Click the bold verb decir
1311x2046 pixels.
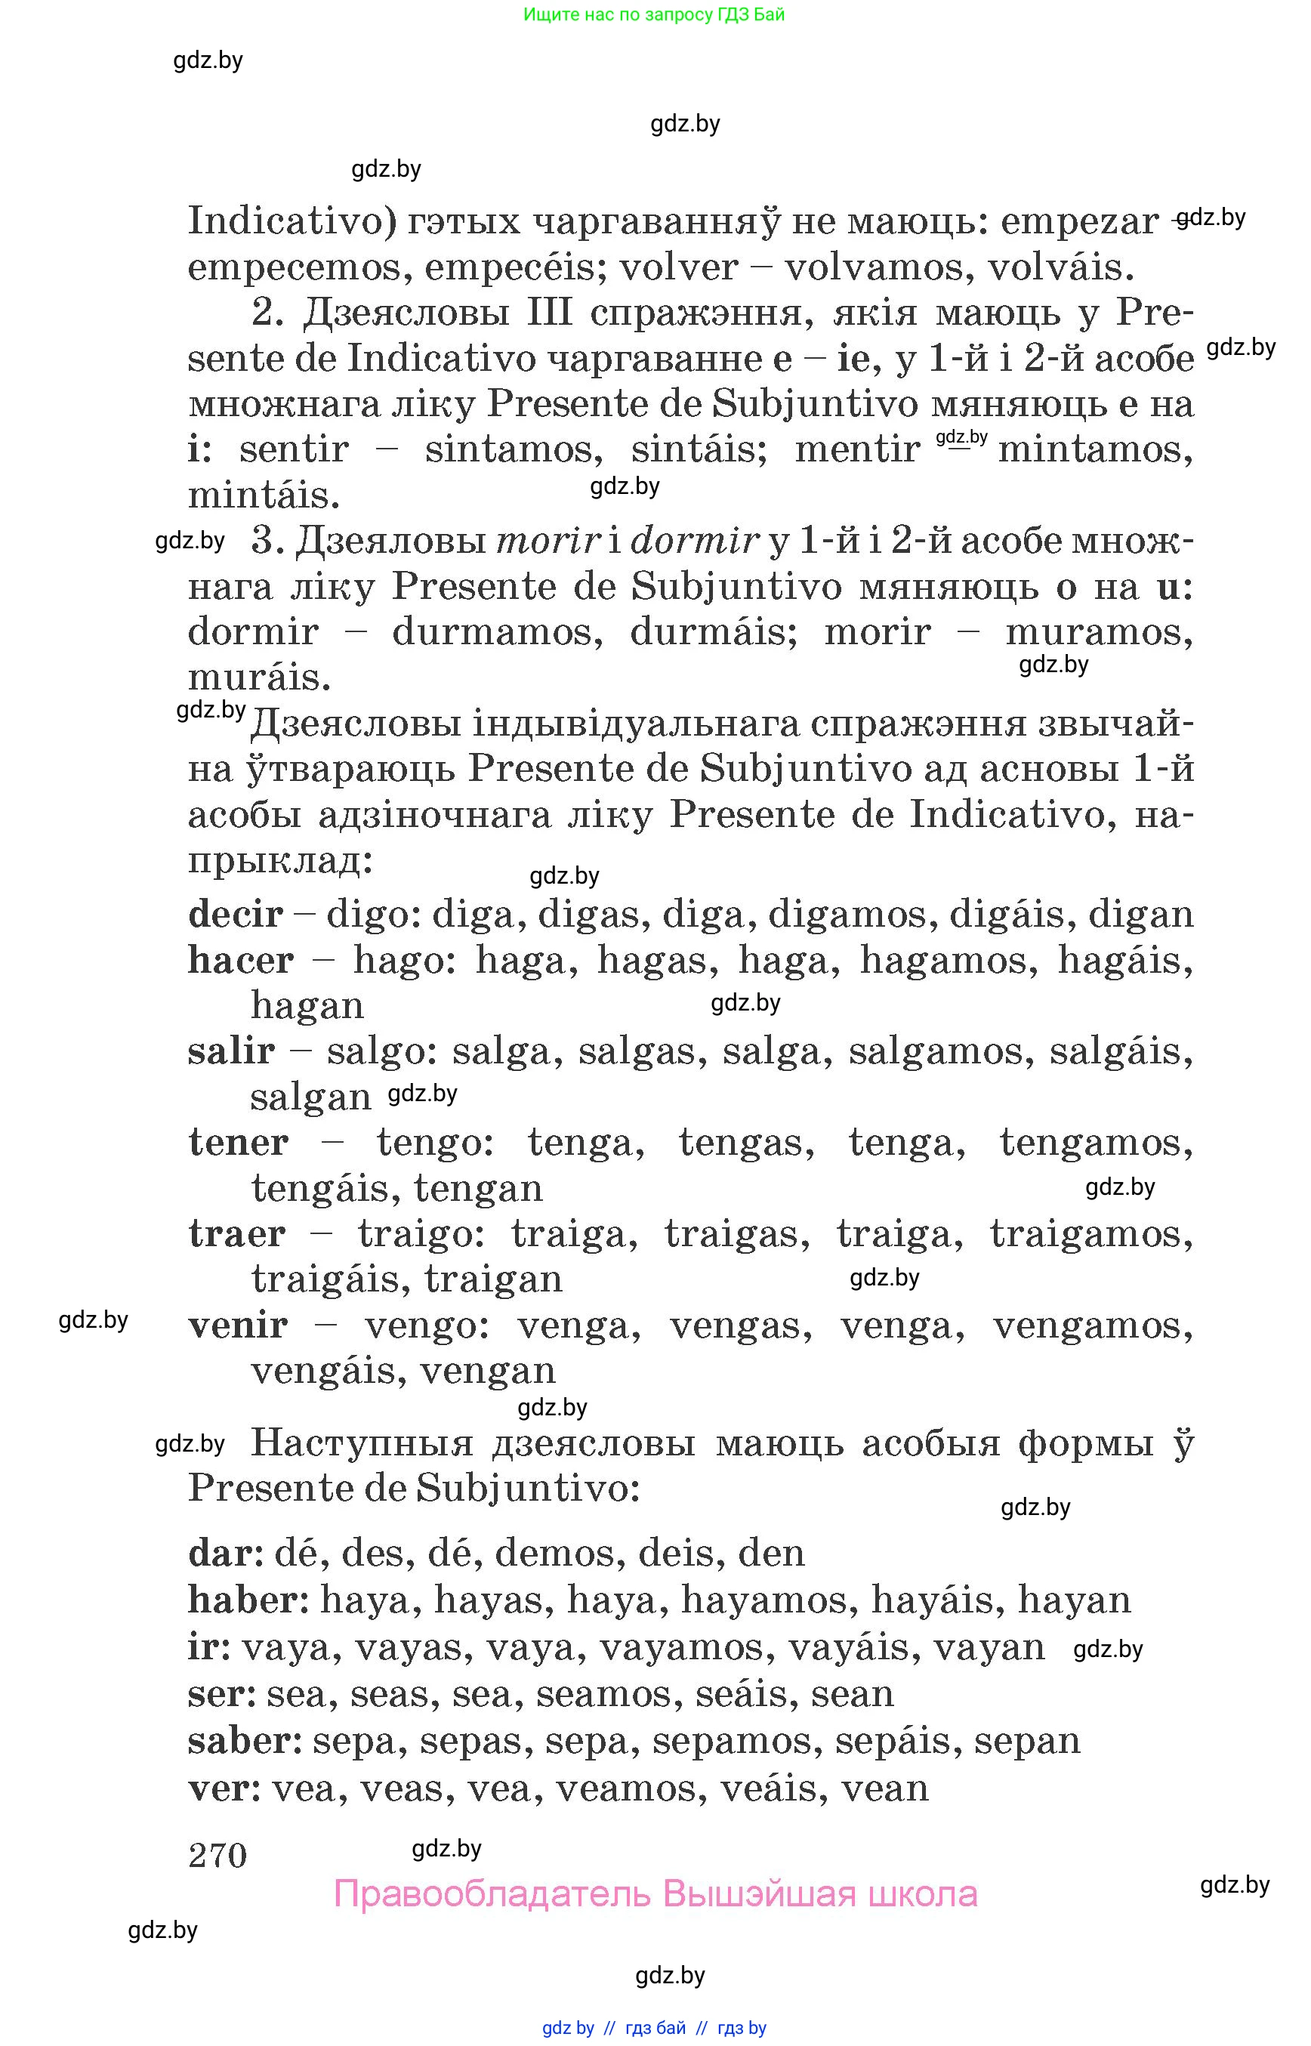(x=235, y=915)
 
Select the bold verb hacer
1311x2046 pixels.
(x=240, y=961)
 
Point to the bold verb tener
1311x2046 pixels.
(x=238, y=1143)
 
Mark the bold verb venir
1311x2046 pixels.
(x=238, y=1325)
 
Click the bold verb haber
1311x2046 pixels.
(x=246, y=1600)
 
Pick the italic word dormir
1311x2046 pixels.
(x=694, y=541)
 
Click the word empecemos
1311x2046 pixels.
(x=294, y=267)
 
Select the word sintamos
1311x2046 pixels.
(x=514, y=449)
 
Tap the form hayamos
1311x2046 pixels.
(x=763, y=1600)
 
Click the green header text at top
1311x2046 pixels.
(x=654, y=14)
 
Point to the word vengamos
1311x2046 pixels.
(x=1092, y=1325)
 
